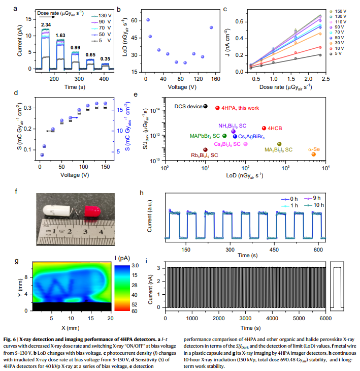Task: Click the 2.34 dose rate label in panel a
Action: click(46, 24)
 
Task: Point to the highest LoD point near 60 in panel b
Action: click(148, 20)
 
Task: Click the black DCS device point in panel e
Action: click(206, 106)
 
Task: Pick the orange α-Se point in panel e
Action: click(314, 154)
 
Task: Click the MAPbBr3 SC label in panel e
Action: click(205, 136)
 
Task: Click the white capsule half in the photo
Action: click(57, 210)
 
